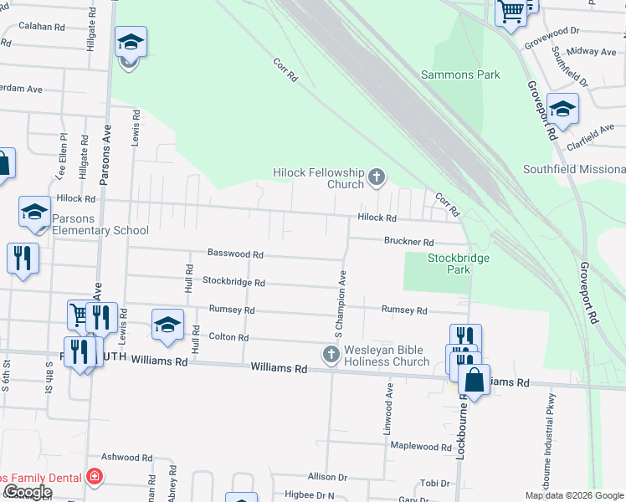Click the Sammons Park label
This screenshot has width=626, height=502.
(460, 74)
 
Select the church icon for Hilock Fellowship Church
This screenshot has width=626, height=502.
(377, 177)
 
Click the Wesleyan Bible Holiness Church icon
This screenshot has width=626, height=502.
(331, 356)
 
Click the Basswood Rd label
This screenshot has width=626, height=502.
(235, 254)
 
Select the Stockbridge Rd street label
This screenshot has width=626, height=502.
(233, 283)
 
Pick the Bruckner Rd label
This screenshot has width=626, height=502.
(408, 242)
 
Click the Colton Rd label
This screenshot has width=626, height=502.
(228, 337)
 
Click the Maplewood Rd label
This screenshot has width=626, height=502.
(420, 447)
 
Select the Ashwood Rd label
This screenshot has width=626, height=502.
(126, 458)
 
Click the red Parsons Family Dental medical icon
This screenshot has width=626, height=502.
(95, 478)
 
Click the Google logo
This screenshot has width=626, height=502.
(27, 492)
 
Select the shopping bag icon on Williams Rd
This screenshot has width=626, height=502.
(474, 381)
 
